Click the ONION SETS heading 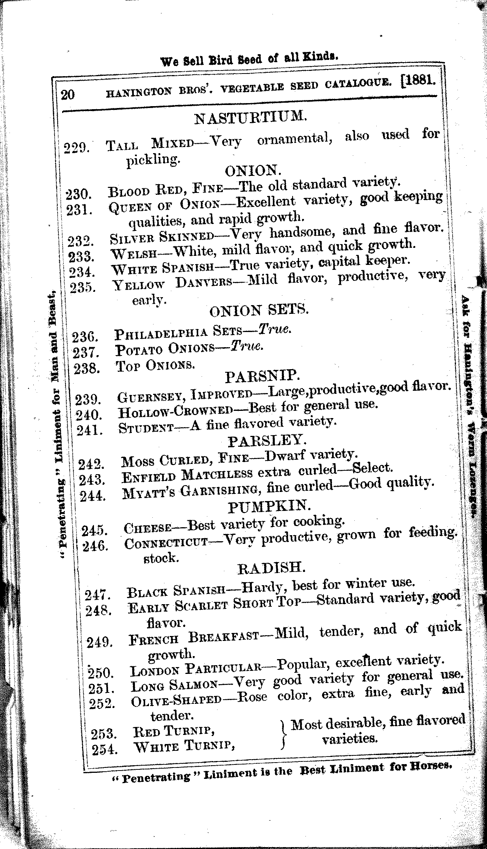pos(259,311)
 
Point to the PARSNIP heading pos(263,376)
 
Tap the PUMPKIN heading pos(270,506)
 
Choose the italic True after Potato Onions pos(247,346)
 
